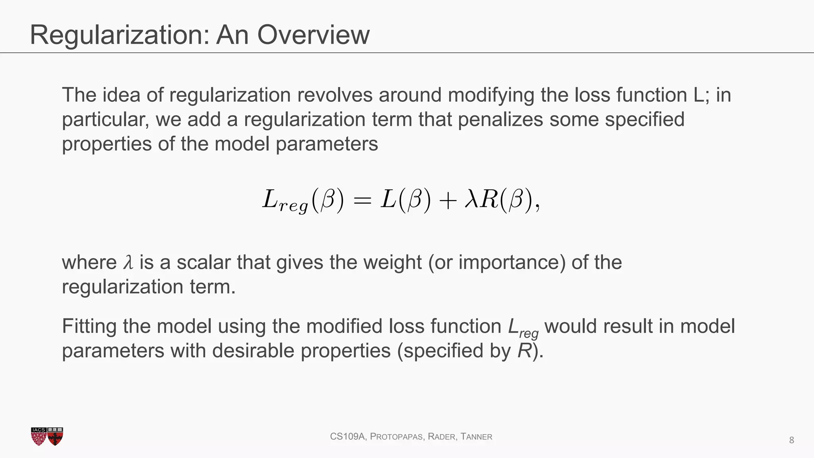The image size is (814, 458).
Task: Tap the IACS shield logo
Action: pos(39,437)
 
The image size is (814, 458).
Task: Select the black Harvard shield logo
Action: pos(55,437)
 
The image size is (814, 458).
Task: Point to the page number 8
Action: pos(791,440)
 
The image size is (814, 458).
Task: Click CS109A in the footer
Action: pos(348,437)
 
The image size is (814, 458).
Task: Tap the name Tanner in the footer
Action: pos(476,437)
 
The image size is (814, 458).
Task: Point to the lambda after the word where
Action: pos(128,263)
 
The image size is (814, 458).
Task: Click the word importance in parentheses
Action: pos(511,263)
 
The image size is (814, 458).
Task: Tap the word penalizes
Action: pos(500,119)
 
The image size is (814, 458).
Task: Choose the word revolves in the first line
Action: pos(334,95)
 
